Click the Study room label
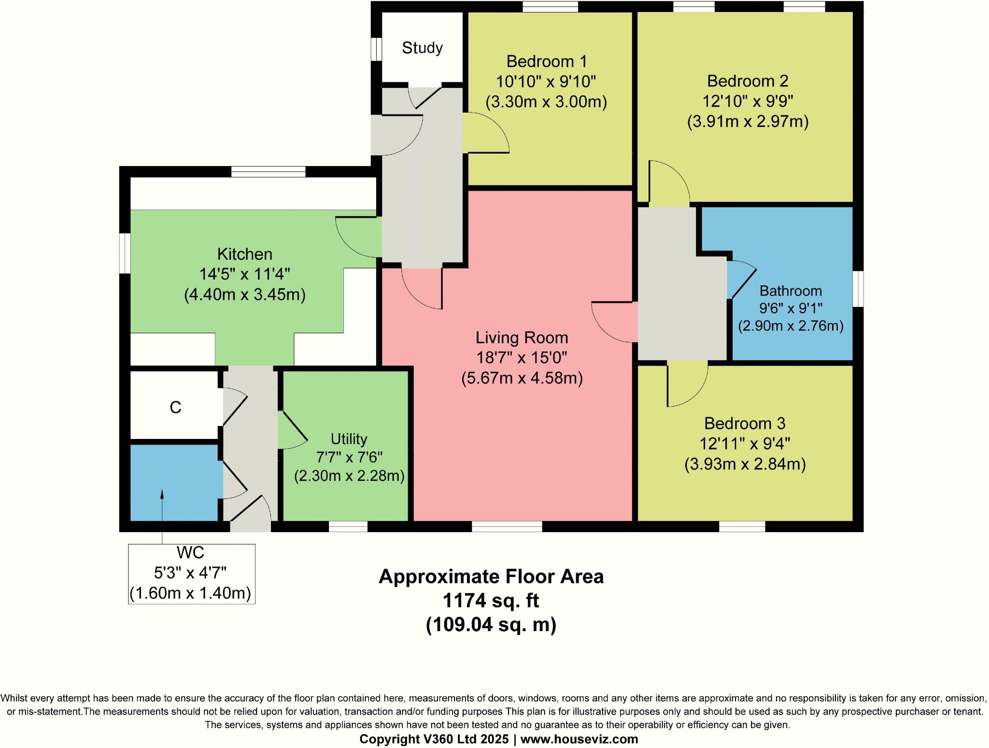(x=422, y=48)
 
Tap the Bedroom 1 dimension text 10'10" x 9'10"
(x=546, y=82)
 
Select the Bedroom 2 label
(x=748, y=81)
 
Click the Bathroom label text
(x=791, y=291)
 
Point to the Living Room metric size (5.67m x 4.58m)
(x=522, y=378)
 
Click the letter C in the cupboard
(x=175, y=408)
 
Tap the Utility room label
(x=349, y=439)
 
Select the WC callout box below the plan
(x=191, y=574)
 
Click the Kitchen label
(x=244, y=254)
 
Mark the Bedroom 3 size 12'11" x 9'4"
(x=745, y=443)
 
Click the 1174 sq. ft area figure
(x=491, y=601)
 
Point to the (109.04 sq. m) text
(x=491, y=625)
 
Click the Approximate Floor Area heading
(x=491, y=577)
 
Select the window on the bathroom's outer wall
(x=858, y=289)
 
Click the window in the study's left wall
(x=376, y=49)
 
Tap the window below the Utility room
(x=348, y=527)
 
